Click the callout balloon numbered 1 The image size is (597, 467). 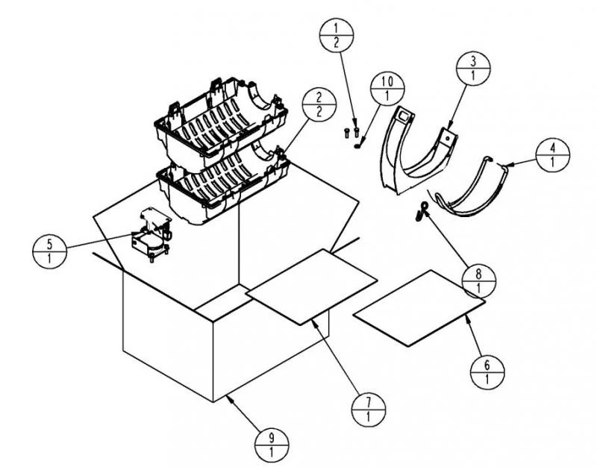[337, 35]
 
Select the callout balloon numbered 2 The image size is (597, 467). [319, 104]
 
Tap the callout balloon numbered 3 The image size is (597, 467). [473, 68]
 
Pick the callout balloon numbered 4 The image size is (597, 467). [552, 154]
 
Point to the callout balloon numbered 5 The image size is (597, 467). [49, 251]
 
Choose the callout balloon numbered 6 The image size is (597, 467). [487, 372]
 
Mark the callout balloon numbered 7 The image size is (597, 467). [368, 409]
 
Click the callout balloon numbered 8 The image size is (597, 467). [478, 281]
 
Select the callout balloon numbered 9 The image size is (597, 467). [272, 445]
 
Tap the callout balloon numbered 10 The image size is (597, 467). [387, 88]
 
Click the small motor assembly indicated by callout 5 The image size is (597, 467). [151, 235]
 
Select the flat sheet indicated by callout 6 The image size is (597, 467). [419, 308]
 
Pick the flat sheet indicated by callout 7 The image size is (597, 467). [311, 286]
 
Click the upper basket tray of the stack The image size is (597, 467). [221, 122]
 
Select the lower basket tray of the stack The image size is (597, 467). [222, 187]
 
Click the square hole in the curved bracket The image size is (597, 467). [404, 115]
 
